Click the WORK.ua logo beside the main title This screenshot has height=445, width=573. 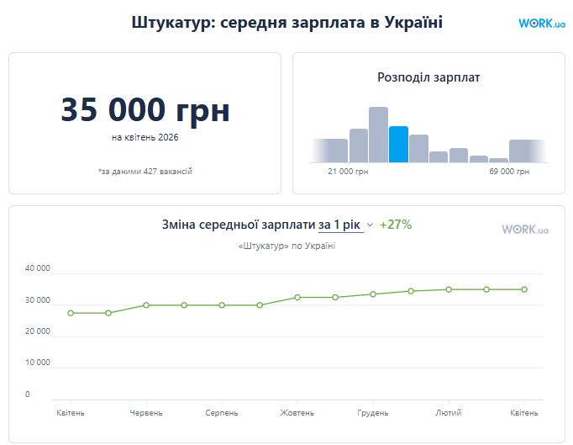pyautogui.click(x=541, y=24)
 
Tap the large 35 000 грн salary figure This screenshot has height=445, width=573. pyautogui.click(x=145, y=111)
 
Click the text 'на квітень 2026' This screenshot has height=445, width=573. pyautogui.click(x=145, y=137)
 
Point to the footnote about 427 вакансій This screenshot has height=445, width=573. pyautogui.click(x=145, y=172)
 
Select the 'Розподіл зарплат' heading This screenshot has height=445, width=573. pyautogui.click(x=428, y=77)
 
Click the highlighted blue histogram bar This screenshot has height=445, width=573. pyautogui.click(x=398, y=145)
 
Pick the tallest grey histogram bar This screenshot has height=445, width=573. pyautogui.click(x=378, y=135)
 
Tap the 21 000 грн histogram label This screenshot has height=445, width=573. pyautogui.click(x=348, y=172)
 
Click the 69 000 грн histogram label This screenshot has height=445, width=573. pyautogui.click(x=509, y=172)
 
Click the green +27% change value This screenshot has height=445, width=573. pyautogui.click(x=396, y=225)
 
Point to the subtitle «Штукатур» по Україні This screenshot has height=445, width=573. pyautogui.click(x=286, y=246)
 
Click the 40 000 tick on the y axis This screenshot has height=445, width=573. pyautogui.click(x=39, y=269)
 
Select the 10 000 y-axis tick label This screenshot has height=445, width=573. pyautogui.click(x=39, y=363)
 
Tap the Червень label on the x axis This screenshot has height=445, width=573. pyautogui.click(x=146, y=413)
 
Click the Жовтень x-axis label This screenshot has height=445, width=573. pyautogui.click(x=297, y=413)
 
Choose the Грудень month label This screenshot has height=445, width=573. pyautogui.click(x=373, y=413)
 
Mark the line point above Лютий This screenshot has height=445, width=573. pyautogui.click(x=449, y=289)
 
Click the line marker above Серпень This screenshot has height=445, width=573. pyautogui.click(x=222, y=305)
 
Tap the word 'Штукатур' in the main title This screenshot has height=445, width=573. pyautogui.click(x=172, y=24)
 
